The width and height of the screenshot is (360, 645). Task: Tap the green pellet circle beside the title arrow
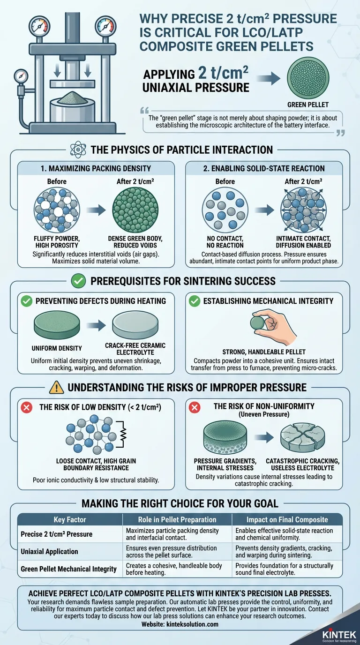307,78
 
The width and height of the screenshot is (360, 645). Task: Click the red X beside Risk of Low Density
28,407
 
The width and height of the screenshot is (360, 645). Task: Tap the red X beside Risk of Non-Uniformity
195,407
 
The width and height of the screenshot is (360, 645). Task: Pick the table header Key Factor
69,519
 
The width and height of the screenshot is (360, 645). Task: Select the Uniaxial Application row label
50,552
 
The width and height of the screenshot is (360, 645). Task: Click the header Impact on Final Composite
287,519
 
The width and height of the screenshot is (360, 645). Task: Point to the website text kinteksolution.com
180,624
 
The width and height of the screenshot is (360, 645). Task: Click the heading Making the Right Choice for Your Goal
180,504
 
